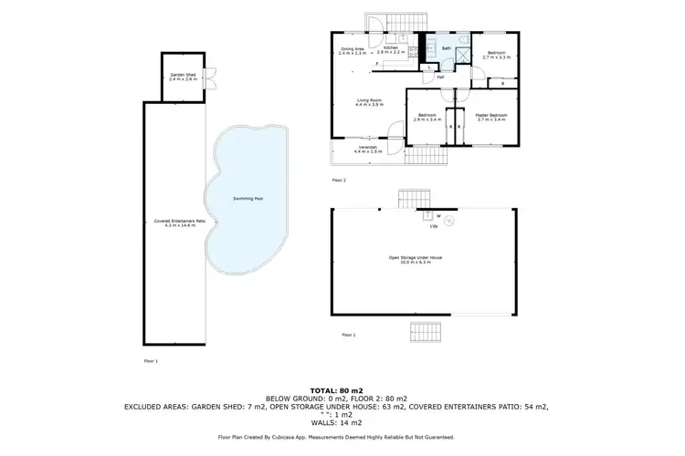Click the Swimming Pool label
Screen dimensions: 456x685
[243, 198]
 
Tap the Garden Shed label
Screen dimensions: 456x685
[178, 77]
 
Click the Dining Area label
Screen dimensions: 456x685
[353, 51]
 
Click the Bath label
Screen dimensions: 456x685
[446, 47]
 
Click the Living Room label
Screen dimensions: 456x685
[368, 102]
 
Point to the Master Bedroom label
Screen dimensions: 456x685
[491, 117]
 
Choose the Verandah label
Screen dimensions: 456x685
[367, 149]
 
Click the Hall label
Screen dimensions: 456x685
[439, 77]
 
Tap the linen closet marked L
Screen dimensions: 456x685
[428, 68]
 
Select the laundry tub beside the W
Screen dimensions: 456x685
[427, 217]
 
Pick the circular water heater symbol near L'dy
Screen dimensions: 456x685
[448, 218]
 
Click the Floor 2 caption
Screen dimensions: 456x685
[338, 181]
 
